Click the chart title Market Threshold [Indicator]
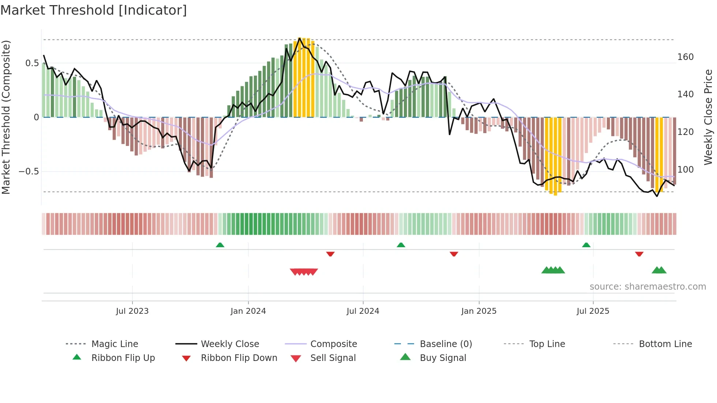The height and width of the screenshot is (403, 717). pyautogui.click(x=94, y=10)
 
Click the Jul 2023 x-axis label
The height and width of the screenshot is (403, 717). pyautogui.click(x=132, y=311)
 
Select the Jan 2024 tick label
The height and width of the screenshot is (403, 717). pyautogui.click(x=248, y=311)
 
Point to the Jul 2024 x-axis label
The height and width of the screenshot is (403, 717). pyautogui.click(x=363, y=311)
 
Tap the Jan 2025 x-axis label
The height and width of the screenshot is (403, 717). pyautogui.click(x=478, y=311)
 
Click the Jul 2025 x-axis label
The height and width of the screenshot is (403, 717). pyautogui.click(x=593, y=311)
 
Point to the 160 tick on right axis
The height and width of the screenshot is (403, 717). pyautogui.click(x=685, y=57)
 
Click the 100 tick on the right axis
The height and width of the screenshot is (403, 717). pyautogui.click(x=685, y=170)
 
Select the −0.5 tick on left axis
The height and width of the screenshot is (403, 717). pyautogui.click(x=29, y=172)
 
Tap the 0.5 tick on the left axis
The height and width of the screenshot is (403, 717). pyautogui.click(x=32, y=63)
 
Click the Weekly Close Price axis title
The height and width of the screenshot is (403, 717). pyautogui.click(x=708, y=117)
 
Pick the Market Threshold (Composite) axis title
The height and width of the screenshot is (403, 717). pyautogui.click(x=6, y=117)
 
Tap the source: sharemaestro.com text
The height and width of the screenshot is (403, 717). pyautogui.click(x=647, y=287)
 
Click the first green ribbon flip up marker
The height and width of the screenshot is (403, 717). pyautogui.click(x=220, y=245)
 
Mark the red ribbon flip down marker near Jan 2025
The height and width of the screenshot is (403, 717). pyautogui.click(x=454, y=254)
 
